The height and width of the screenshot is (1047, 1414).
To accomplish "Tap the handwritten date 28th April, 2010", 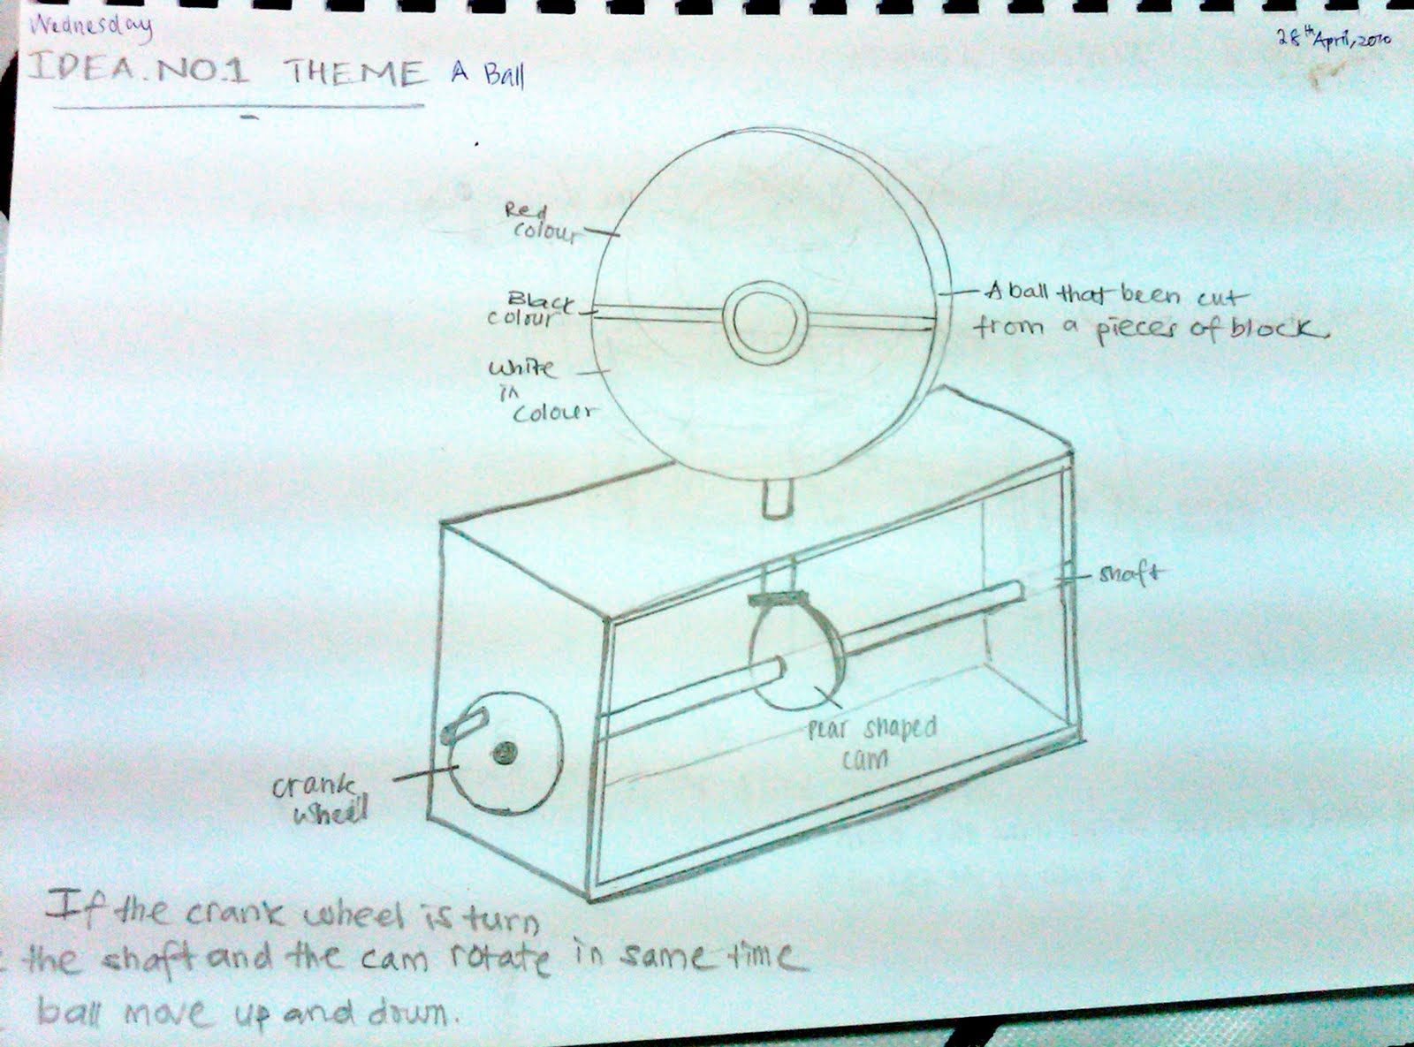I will coord(1334,39).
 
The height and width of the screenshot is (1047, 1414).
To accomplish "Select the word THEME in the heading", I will coord(354,72).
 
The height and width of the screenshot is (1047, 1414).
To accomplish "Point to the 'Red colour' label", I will coord(539,223).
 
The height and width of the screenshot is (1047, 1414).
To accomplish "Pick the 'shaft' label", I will coord(1130,573).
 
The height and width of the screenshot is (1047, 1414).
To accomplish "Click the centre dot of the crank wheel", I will coord(505,753).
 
